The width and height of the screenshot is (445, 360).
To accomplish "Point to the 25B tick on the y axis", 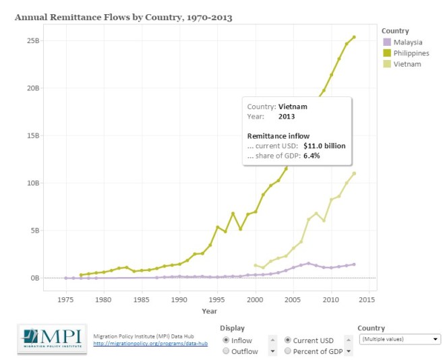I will coord(33,41).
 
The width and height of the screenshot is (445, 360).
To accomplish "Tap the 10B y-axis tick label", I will coord(33,183).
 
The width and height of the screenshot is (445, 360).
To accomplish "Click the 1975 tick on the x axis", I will coord(66,299).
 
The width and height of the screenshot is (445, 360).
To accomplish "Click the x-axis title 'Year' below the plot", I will coord(209,311).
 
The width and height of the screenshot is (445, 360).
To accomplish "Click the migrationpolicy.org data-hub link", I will coord(150,344).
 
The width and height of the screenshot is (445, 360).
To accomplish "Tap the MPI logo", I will coord(52,339).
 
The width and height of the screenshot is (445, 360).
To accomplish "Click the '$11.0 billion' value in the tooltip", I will coord(324,146).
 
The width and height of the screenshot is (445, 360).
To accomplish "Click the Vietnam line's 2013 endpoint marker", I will coord(354,173).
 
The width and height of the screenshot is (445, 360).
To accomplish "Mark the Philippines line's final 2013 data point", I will coord(354,37).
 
